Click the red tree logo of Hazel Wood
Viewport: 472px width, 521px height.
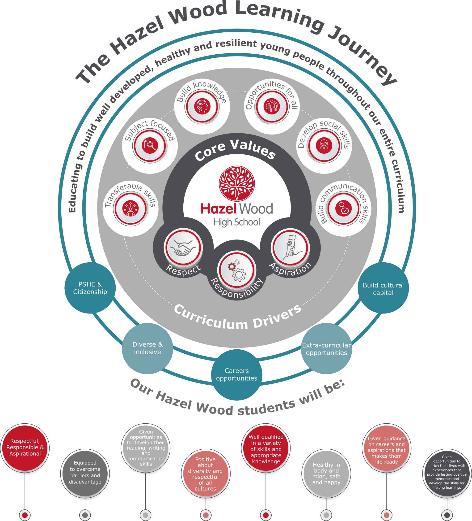(237, 183)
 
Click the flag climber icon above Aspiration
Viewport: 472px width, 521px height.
(290, 247)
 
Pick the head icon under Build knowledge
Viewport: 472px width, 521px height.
(202, 106)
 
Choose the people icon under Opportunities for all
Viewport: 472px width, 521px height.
(271, 106)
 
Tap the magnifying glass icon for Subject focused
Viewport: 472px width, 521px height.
(150, 145)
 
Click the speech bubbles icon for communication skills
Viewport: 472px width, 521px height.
(343, 208)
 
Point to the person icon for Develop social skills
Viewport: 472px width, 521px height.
(324, 145)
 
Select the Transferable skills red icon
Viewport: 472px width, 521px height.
(130, 208)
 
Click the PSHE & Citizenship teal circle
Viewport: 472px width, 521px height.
(90, 288)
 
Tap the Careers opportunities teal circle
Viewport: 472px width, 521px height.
(237, 375)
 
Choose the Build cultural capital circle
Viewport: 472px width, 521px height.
(383, 288)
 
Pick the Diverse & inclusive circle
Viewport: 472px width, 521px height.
(147, 348)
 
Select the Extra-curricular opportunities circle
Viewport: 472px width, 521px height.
(326, 349)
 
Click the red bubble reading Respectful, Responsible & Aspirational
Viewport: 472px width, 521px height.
(25, 447)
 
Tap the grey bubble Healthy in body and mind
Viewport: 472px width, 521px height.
(326, 473)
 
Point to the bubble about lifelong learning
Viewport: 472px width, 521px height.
(447, 472)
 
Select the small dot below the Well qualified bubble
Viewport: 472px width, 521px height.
(266, 515)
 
